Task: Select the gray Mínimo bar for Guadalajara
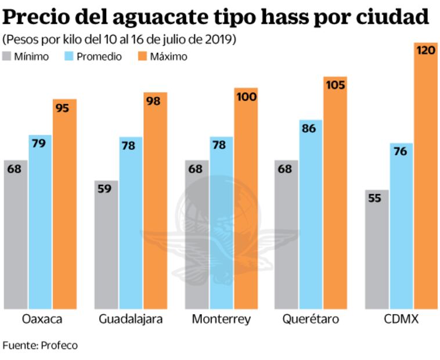click(106, 244)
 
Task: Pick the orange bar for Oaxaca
click(64, 204)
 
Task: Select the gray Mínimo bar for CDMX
click(377, 249)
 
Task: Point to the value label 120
click(426, 51)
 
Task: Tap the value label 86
click(309, 128)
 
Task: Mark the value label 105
click(335, 85)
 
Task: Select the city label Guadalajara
click(131, 319)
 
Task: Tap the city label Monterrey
click(221, 319)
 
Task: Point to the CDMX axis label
click(402, 319)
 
